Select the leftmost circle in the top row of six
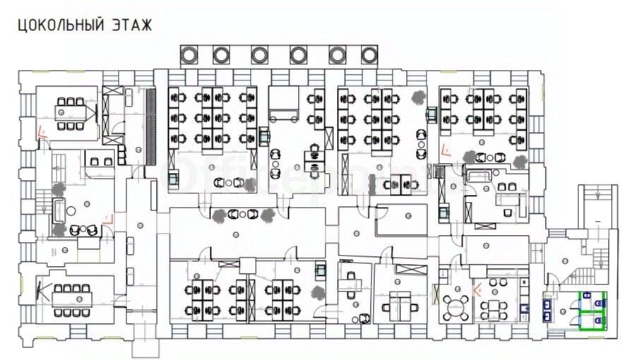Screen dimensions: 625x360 click(x=191, y=54)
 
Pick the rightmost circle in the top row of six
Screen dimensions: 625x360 click(x=369, y=54)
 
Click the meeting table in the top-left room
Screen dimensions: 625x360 click(x=71, y=112)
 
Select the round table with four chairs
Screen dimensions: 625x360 click(x=456, y=306)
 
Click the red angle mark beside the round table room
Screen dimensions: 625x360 click(x=478, y=288)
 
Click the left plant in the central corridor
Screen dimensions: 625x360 click(x=218, y=214)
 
